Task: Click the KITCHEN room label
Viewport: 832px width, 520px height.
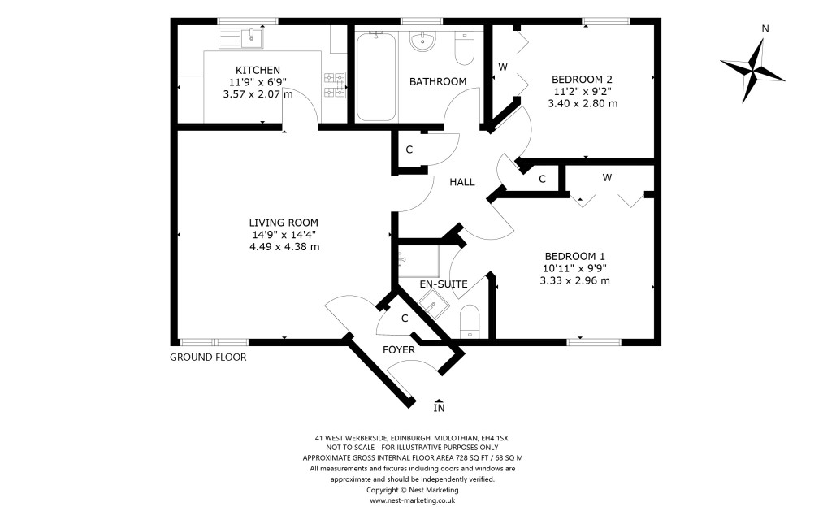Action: (x=258, y=70)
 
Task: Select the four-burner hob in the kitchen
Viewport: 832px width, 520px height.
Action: (x=335, y=84)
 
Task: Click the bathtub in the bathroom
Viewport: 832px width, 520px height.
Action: (x=375, y=76)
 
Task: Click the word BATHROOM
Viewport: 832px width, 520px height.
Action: (x=438, y=81)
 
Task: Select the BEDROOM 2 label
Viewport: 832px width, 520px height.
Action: (x=583, y=79)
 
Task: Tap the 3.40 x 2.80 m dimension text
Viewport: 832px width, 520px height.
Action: (x=583, y=103)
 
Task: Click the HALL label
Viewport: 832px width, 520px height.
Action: (x=462, y=182)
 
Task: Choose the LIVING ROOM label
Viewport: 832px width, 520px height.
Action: (x=284, y=223)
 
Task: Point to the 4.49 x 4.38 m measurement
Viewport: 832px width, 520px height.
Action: (x=284, y=247)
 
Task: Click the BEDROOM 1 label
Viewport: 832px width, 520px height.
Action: (x=574, y=253)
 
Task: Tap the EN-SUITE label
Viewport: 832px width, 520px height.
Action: (x=443, y=284)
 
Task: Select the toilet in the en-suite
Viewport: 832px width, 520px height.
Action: (x=470, y=323)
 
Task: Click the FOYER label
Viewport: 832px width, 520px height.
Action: (x=399, y=350)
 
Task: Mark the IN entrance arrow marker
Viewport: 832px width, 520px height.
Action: (x=439, y=406)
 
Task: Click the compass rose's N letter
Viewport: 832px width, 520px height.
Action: (x=765, y=29)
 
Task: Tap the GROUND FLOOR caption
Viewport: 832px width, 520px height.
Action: (x=208, y=357)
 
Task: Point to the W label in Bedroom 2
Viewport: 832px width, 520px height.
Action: (x=503, y=67)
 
